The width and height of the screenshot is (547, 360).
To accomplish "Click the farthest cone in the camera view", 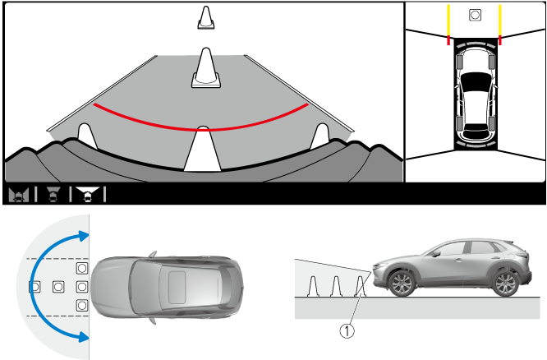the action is pyautogui.click(x=206, y=17).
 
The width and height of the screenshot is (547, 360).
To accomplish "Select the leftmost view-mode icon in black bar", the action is pyautogui.click(x=19, y=194).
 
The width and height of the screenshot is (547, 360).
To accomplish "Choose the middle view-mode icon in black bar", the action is pyautogui.click(x=53, y=194).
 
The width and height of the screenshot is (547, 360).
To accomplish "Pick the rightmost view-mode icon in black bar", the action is pyautogui.click(x=88, y=194).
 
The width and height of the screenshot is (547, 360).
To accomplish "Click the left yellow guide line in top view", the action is pyautogui.click(x=448, y=20).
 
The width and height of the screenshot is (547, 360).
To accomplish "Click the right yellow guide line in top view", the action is pyautogui.click(x=500, y=20).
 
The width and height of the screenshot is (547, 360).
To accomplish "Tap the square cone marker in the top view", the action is pyautogui.click(x=475, y=15).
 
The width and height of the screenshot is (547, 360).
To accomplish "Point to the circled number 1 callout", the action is pyautogui.click(x=347, y=330).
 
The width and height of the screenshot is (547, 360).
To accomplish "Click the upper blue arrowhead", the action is pyautogui.click(x=84, y=236).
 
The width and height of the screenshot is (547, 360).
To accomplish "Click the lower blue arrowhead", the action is pyautogui.click(x=84, y=337).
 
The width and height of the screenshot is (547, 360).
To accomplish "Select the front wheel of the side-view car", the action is pyautogui.click(x=402, y=284).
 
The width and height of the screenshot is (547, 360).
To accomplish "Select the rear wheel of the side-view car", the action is pyautogui.click(x=505, y=284).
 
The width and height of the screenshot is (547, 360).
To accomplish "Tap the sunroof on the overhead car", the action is pyautogui.click(x=177, y=287).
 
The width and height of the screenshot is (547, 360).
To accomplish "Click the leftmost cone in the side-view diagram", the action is pyautogui.click(x=313, y=286).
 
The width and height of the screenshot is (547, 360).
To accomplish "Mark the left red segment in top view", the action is pyautogui.click(x=448, y=40).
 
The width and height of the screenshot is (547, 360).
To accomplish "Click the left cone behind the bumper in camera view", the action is pyautogui.click(x=85, y=136).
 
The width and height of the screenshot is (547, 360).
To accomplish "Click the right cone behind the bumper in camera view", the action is pyautogui.click(x=320, y=136).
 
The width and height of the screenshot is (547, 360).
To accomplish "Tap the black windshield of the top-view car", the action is pyautogui.click(x=475, y=81).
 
